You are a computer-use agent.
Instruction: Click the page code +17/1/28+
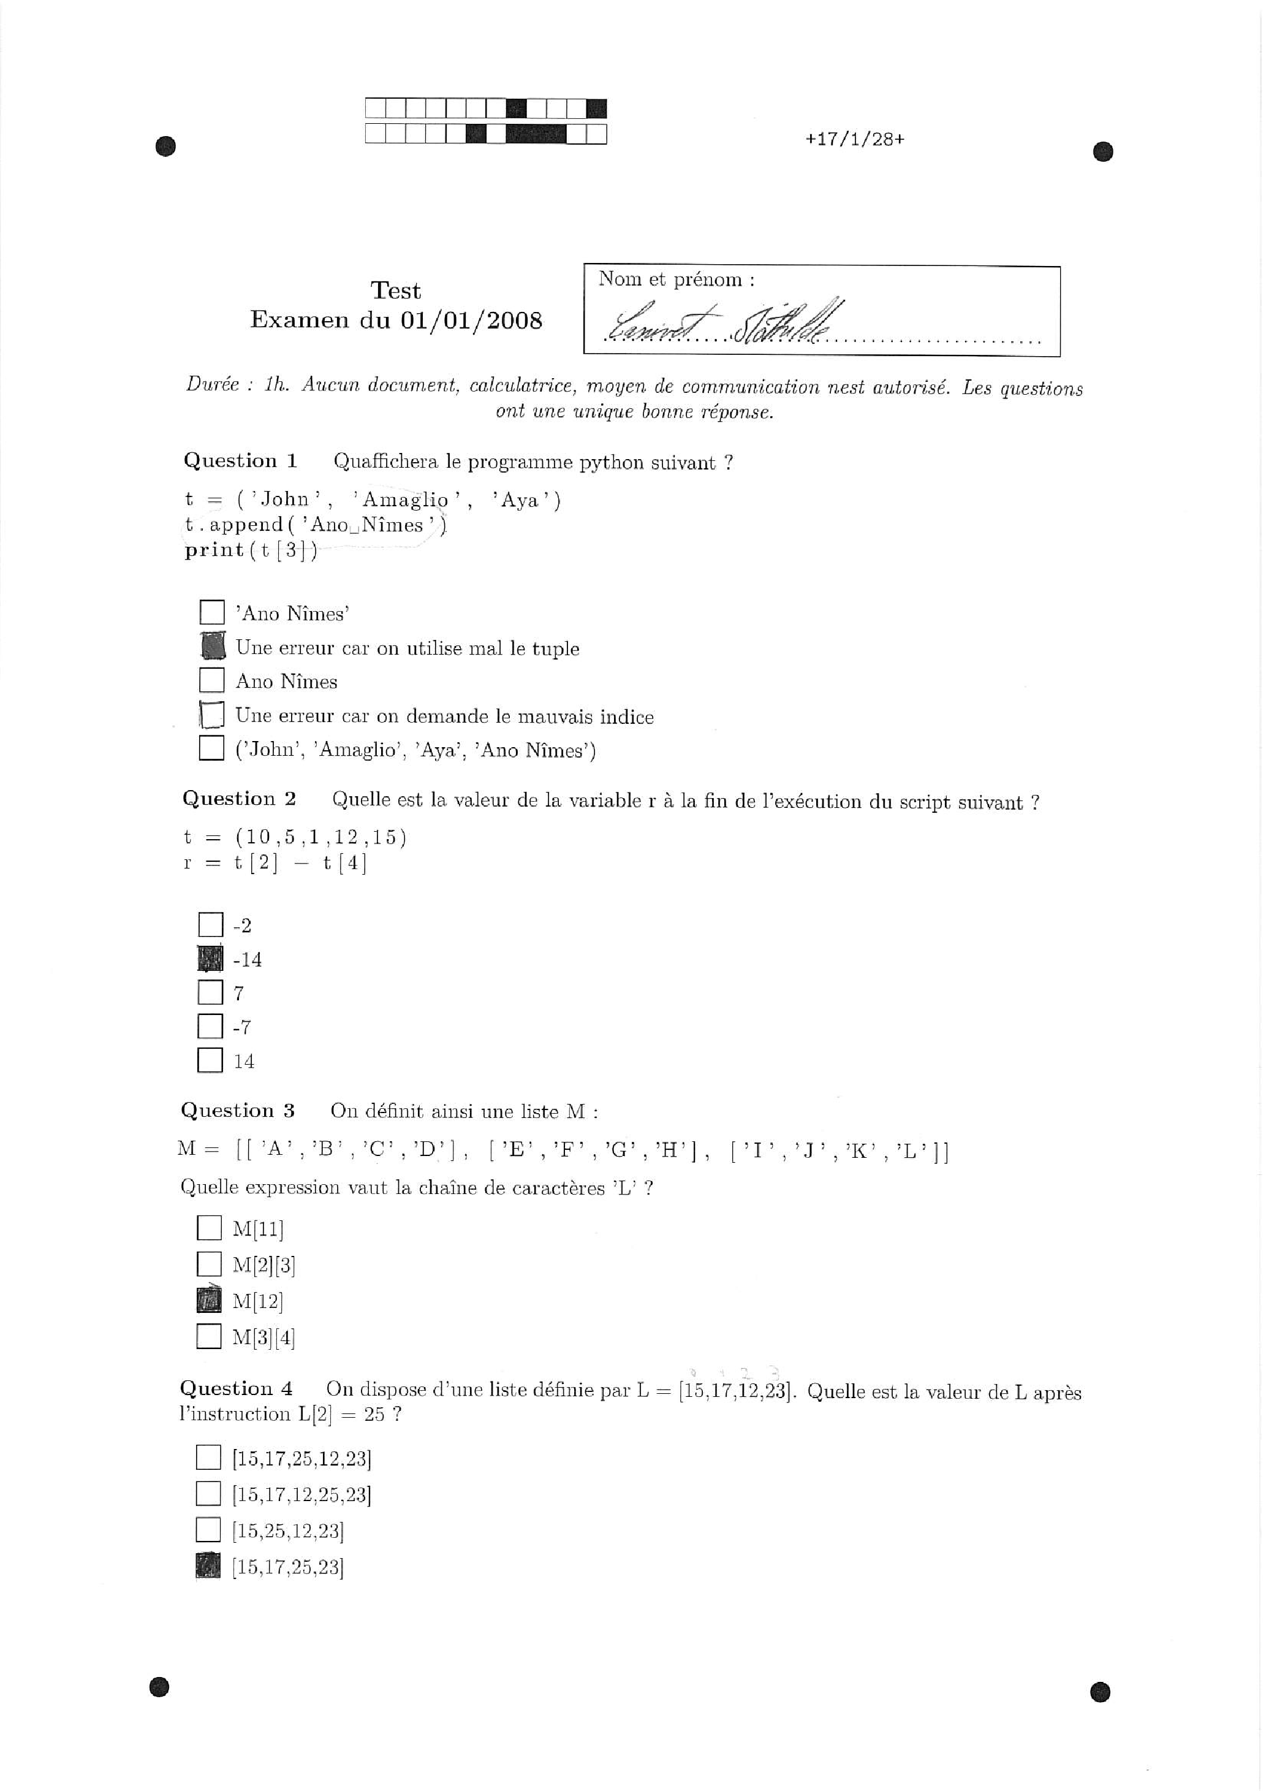[855, 140]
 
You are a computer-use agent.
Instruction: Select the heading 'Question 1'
[240, 461]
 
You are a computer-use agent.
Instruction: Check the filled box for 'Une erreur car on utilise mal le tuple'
[212, 647]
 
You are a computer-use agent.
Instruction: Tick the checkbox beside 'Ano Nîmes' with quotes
[212, 612]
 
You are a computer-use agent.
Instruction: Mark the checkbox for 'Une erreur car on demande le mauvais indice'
[212, 715]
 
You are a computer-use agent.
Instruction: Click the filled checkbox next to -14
[211, 959]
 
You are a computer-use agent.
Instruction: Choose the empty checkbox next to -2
[211, 925]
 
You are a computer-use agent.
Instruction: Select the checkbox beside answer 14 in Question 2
[211, 1060]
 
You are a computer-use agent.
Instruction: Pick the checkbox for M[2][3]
[209, 1264]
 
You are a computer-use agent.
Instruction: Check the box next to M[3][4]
[209, 1337]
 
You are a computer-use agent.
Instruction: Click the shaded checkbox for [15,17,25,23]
[208, 1566]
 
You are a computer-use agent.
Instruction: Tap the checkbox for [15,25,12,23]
[208, 1531]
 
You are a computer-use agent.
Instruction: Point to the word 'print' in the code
[214, 550]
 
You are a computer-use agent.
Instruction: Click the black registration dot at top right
[1102, 151]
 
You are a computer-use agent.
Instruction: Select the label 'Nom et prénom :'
[677, 279]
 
